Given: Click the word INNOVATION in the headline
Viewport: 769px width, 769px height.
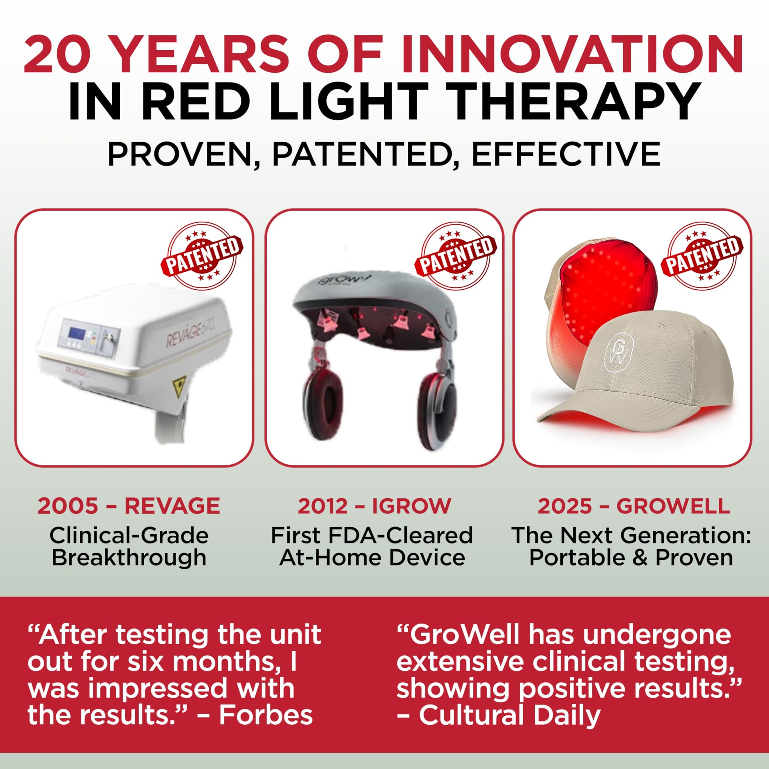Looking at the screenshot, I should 572,55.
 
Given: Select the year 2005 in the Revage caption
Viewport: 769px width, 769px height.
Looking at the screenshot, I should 67,506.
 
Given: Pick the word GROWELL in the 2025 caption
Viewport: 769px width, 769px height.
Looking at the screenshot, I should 673,506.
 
